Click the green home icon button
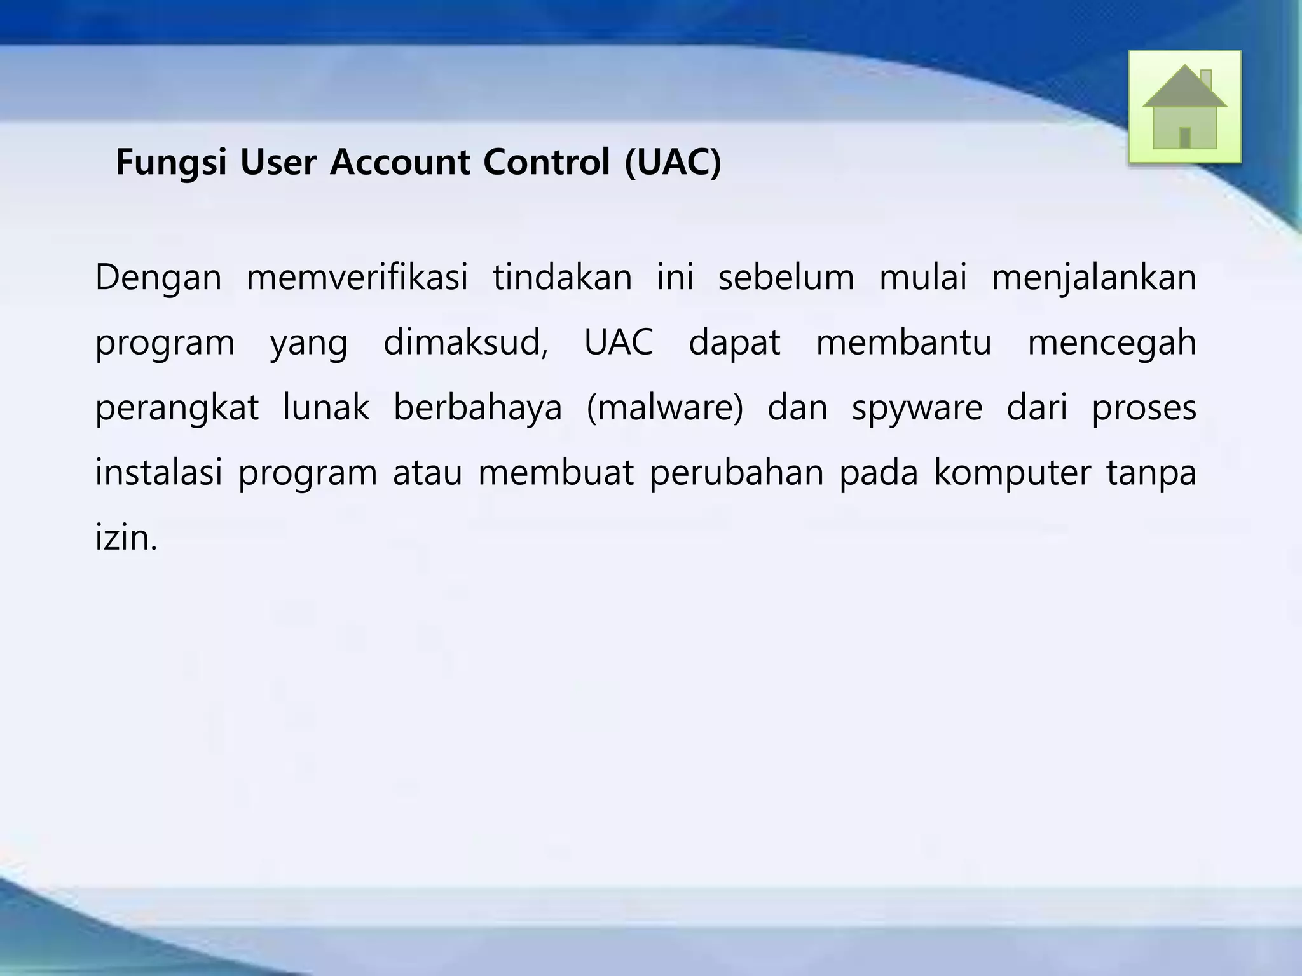click(1184, 107)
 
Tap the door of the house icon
click(1184, 138)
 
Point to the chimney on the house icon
click(1205, 80)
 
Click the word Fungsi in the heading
click(171, 163)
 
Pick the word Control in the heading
click(546, 163)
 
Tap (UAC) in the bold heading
click(673, 163)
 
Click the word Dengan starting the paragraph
click(158, 278)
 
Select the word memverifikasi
click(357, 278)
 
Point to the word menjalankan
click(1093, 278)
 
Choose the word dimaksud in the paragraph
click(465, 343)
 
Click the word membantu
click(903, 343)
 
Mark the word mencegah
click(1112, 343)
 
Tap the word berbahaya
click(477, 409)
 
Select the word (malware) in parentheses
click(664, 409)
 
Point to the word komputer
click(1011, 473)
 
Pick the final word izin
click(125, 538)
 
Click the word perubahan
click(736, 473)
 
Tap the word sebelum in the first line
click(786, 278)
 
